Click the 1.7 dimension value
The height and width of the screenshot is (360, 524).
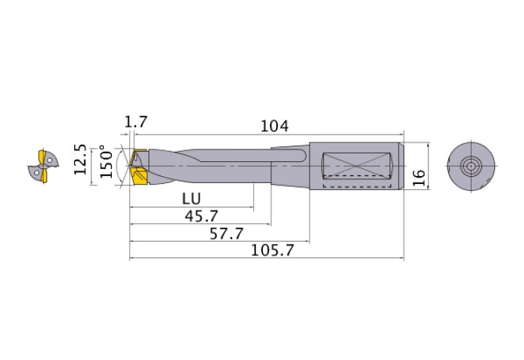(135, 121)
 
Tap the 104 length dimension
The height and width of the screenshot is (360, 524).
(275, 126)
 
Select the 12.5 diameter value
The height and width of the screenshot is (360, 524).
(81, 160)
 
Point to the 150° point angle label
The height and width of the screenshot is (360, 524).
(106, 161)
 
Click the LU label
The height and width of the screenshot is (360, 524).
(192, 199)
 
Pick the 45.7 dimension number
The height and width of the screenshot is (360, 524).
(201, 216)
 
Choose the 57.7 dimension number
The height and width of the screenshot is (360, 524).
(227, 233)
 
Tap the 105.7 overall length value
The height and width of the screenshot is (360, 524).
(272, 250)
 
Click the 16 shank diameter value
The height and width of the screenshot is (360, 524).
(419, 178)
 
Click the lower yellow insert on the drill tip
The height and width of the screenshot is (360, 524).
(139, 176)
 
